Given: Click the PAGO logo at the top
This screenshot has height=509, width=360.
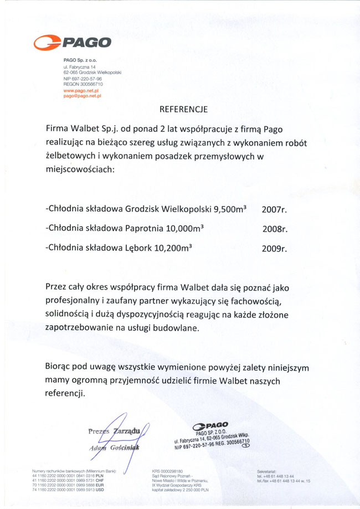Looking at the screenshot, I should click(73, 42).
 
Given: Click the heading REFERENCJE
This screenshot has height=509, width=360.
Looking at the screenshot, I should click(183, 109).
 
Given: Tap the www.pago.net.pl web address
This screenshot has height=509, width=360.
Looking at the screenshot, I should click(81, 90).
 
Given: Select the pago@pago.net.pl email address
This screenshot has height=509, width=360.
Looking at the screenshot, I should click(82, 95).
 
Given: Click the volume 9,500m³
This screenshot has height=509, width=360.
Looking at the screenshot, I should click(227, 210).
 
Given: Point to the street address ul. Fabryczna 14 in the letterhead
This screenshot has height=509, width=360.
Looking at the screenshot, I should click(80, 67).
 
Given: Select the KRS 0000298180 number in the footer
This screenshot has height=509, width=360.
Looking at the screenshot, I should click(167, 471).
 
